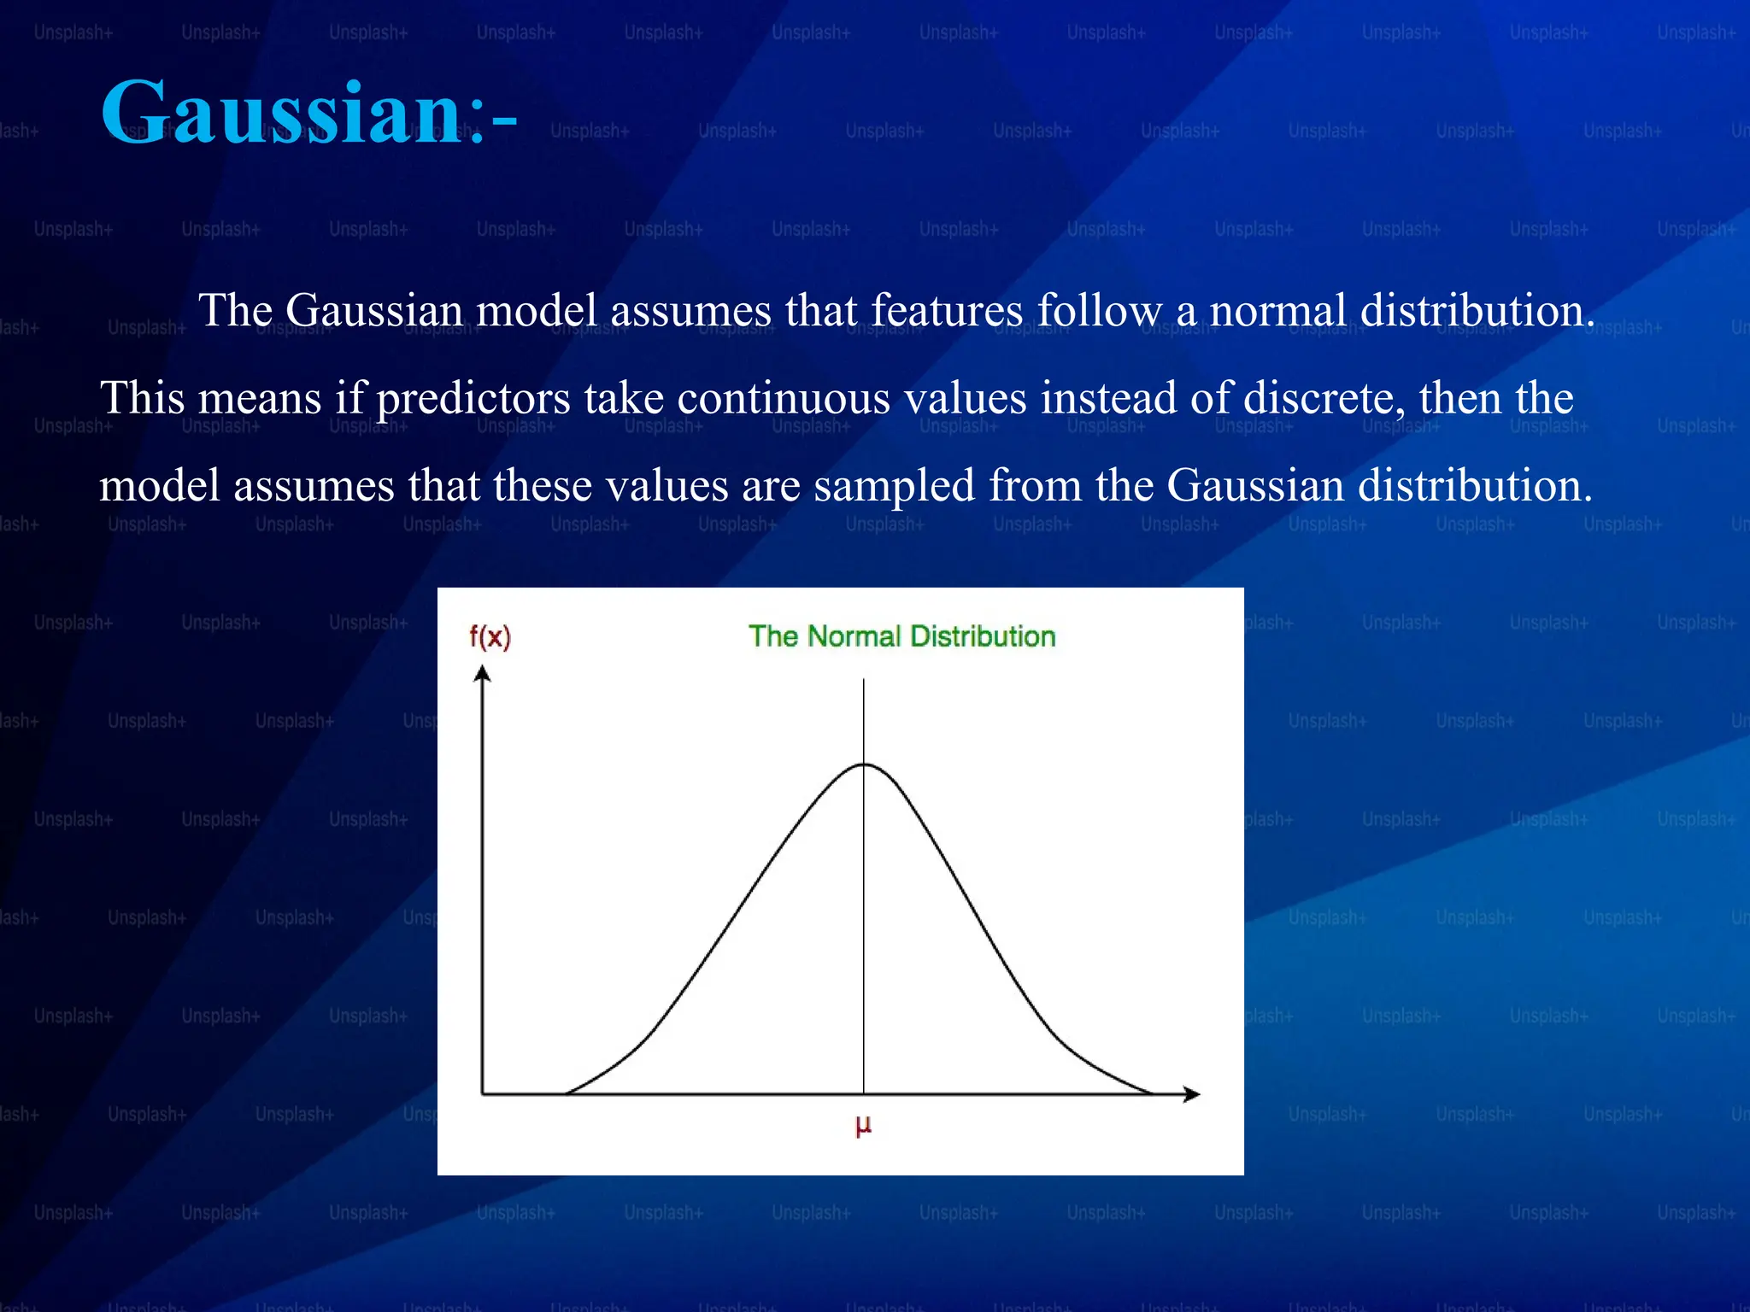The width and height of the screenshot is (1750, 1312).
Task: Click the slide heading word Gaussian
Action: [x=282, y=113]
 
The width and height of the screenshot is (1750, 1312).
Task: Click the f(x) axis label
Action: [x=490, y=636]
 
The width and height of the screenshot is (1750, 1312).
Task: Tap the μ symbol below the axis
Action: [x=863, y=1126]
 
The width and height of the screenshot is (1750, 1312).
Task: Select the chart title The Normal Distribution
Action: [x=901, y=636]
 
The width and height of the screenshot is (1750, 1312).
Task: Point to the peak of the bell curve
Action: [x=864, y=764]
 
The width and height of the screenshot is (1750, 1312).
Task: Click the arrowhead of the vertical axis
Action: [x=483, y=675]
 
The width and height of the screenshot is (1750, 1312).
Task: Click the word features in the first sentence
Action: [x=947, y=310]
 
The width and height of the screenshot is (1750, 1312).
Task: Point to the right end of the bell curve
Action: [x=1151, y=1092]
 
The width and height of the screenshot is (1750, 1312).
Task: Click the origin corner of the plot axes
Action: [x=483, y=1094]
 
